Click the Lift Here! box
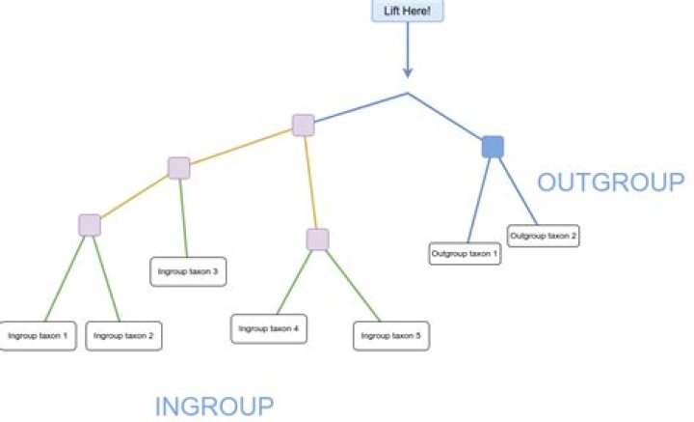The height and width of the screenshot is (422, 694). [407, 11]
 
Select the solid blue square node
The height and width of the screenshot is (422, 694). [493, 147]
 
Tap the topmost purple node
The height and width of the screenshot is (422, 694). [303, 126]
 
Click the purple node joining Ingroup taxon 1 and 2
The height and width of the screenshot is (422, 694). [90, 225]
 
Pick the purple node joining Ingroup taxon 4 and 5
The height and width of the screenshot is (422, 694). [317, 239]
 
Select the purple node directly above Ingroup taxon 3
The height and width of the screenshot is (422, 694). [178, 168]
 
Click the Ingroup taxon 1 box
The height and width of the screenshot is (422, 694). [38, 335]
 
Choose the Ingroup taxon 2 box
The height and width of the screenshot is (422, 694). [123, 335]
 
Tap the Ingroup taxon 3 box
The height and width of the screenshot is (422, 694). [188, 271]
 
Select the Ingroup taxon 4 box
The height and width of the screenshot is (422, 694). [268, 328]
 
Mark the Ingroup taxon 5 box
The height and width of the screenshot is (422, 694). [390, 335]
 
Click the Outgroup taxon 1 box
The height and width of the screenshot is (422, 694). [465, 254]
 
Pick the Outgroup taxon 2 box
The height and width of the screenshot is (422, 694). [544, 235]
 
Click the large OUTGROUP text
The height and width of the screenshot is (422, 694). [610, 183]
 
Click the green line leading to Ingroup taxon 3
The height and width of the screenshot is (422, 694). [183, 217]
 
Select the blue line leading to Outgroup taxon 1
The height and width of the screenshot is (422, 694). [479, 199]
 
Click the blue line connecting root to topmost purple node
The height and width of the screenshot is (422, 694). [359, 108]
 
